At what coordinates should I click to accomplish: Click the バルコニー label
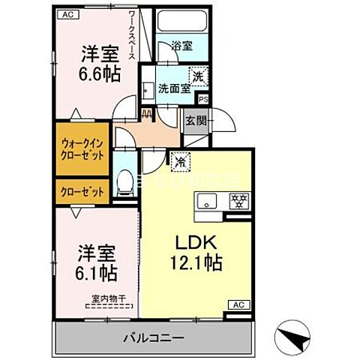coord(153,339)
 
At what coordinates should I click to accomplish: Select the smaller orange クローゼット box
coord(82,191)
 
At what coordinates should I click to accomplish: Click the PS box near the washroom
coord(202,97)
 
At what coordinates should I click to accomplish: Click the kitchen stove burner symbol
coord(238,200)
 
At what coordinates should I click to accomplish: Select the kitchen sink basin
coord(207,200)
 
